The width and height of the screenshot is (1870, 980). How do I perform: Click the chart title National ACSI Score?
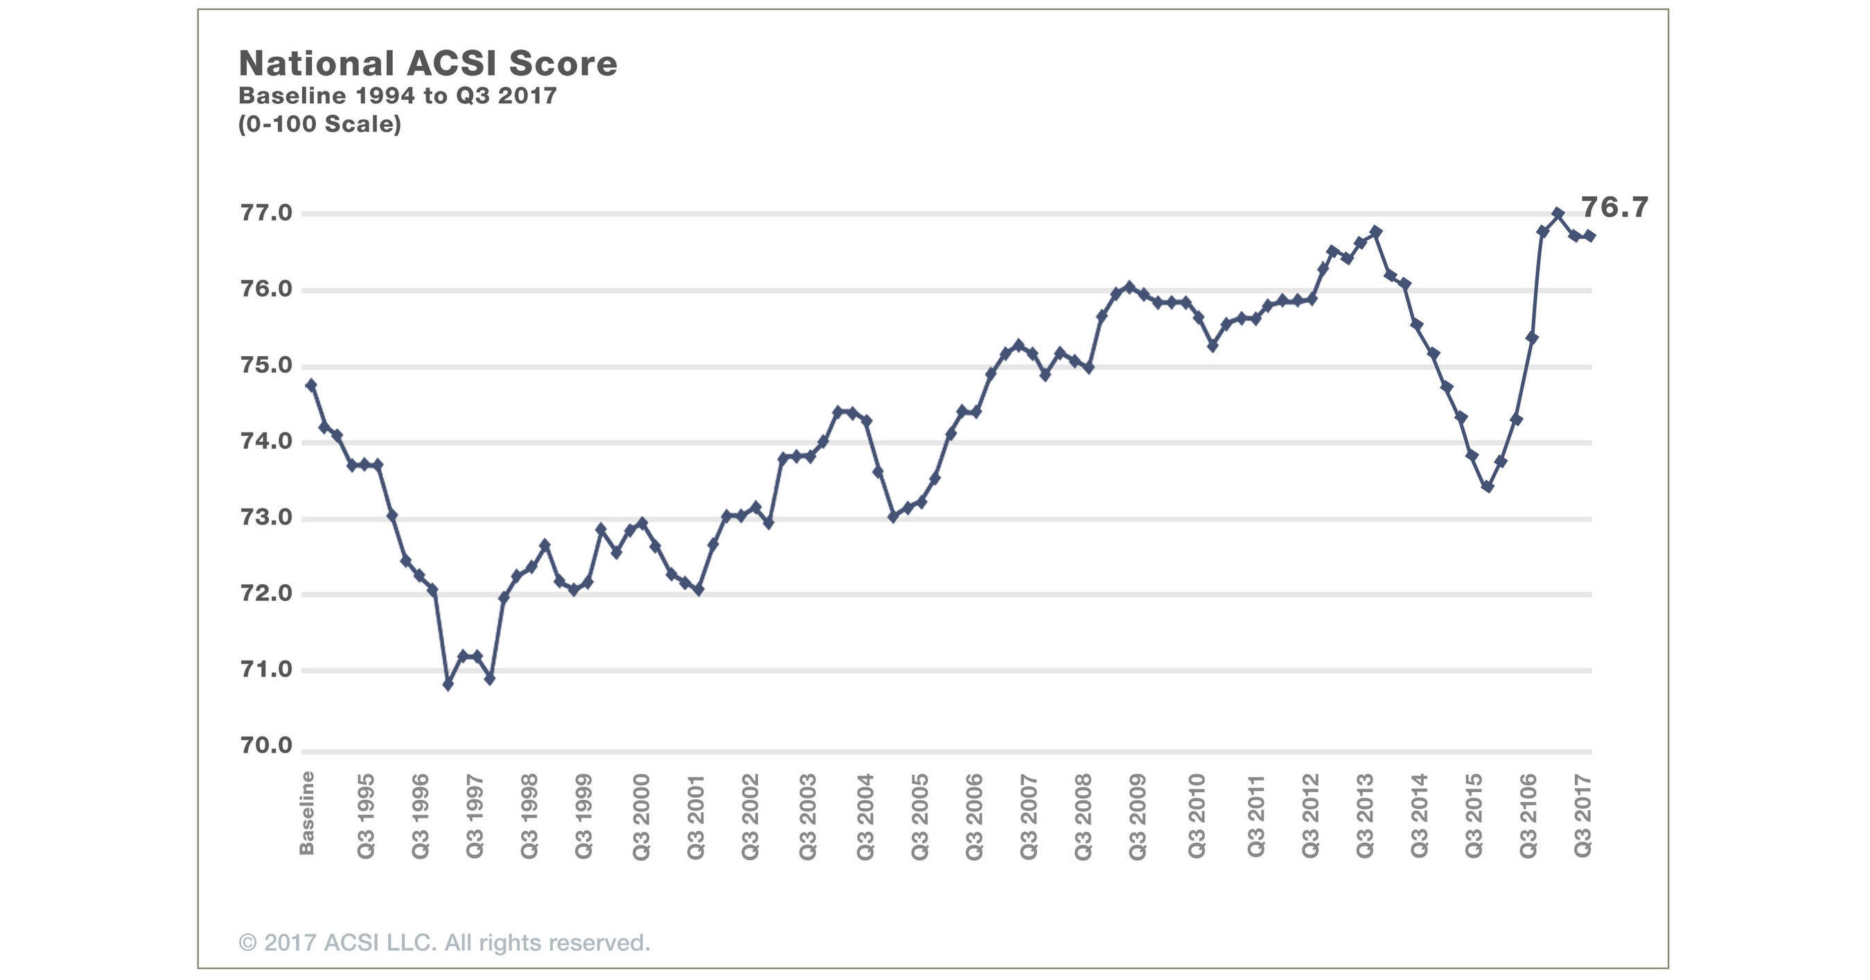(427, 64)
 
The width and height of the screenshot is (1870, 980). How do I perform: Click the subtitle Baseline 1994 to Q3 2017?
(397, 96)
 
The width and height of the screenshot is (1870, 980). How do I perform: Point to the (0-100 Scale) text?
(319, 124)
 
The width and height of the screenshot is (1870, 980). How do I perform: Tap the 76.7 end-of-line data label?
(1614, 208)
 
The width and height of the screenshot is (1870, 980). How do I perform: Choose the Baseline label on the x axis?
(307, 813)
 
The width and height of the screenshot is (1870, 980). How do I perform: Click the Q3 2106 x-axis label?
(1529, 816)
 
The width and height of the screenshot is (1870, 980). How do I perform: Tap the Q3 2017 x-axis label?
(1583, 816)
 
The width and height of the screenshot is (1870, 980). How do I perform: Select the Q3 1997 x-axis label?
(475, 816)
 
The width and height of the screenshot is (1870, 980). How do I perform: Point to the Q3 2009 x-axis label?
(1138, 816)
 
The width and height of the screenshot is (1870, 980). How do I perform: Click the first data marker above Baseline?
(311, 385)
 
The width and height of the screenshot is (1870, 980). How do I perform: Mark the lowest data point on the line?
(448, 685)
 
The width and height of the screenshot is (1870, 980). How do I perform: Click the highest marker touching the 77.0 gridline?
(1558, 213)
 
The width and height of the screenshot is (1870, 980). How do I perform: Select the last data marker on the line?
(1590, 236)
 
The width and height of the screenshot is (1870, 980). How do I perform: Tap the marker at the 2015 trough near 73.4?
(1488, 487)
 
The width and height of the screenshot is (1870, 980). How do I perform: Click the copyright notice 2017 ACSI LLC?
(444, 943)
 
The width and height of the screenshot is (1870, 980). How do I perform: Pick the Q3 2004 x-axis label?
(865, 816)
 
